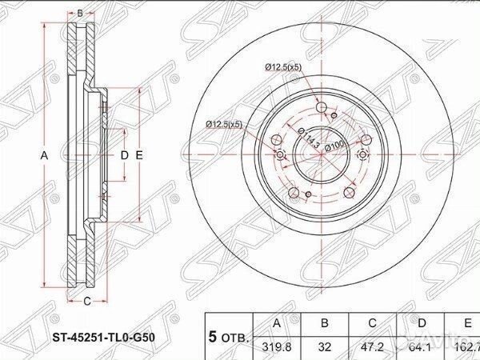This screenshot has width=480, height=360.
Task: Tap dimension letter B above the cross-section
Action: (x=80, y=14)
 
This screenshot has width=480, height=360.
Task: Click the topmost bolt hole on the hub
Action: (x=321, y=109)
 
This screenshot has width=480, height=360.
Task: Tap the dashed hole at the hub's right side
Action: (x=364, y=155)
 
